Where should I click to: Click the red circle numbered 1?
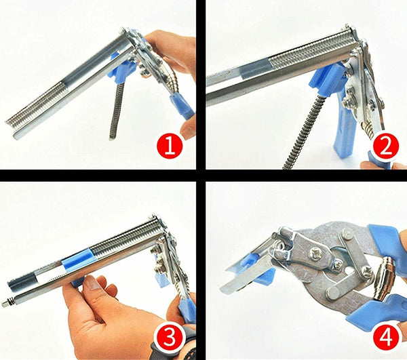click(x=170, y=146)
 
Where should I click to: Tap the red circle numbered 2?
click(x=386, y=146)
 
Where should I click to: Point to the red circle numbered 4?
click(x=386, y=337)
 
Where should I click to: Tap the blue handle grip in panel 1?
click(x=182, y=106)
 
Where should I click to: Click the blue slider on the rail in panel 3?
click(x=77, y=259)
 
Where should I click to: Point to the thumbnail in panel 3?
click(x=92, y=283)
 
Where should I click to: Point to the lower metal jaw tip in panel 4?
click(x=223, y=287)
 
